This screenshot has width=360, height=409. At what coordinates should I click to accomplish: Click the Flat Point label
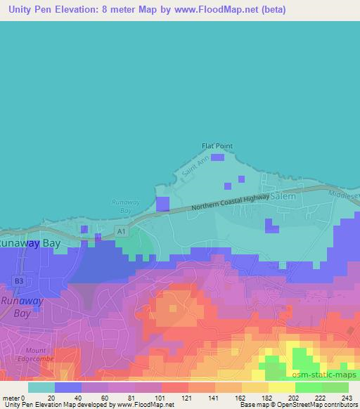[217, 146]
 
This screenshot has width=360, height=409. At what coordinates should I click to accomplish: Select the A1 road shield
[122, 231]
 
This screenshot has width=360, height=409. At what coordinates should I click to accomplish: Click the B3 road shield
[19, 281]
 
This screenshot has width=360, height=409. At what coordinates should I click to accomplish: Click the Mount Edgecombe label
[34, 354]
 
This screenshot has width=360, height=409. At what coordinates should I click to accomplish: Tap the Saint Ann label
[195, 170]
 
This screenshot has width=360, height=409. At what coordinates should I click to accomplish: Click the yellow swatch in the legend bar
[281, 387]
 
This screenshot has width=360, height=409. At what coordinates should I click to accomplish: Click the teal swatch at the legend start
[41, 387]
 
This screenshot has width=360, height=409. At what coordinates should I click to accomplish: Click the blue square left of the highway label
[163, 204]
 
